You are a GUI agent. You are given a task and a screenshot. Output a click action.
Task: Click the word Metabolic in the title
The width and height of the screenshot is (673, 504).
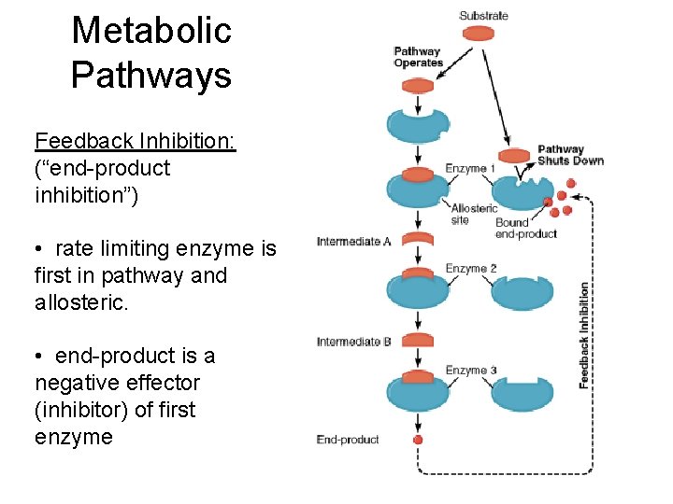(150, 30)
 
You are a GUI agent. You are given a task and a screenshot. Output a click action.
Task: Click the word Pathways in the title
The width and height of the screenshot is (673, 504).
(150, 74)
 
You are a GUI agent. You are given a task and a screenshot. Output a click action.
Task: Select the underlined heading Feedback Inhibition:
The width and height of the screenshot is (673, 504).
(135, 141)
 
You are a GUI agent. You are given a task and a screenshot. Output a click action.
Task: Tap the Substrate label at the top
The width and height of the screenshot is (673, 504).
(483, 15)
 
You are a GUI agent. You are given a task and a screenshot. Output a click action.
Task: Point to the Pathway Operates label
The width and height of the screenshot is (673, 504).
(418, 57)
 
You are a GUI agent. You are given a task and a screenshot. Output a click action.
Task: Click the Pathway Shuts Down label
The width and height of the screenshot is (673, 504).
(570, 155)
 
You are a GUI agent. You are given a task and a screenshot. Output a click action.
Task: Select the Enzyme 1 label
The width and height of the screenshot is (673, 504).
(471, 168)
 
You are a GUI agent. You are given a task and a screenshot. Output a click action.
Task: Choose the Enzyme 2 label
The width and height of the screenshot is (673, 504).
(471, 269)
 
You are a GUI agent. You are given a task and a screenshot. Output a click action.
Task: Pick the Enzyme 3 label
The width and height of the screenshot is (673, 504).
(471, 371)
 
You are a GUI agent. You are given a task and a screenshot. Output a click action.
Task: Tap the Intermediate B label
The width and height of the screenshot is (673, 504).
(354, 342)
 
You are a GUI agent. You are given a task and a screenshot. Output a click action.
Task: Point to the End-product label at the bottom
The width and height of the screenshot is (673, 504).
(348, 440)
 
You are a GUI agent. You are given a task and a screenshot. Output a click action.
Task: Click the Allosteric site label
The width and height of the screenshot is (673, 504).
(474, 214)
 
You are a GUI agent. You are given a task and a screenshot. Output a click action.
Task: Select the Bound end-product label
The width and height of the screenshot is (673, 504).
(525, 228)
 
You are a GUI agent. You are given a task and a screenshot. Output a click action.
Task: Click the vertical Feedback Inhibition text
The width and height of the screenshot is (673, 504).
(584, 336)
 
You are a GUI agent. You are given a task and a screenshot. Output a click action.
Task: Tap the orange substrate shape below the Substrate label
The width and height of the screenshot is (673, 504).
(480, 34)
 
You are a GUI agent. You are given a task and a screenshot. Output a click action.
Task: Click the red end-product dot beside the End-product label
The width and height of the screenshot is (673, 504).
(418, 440)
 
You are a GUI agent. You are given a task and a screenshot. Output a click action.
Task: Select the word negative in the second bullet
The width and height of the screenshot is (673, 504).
(77, 383)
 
